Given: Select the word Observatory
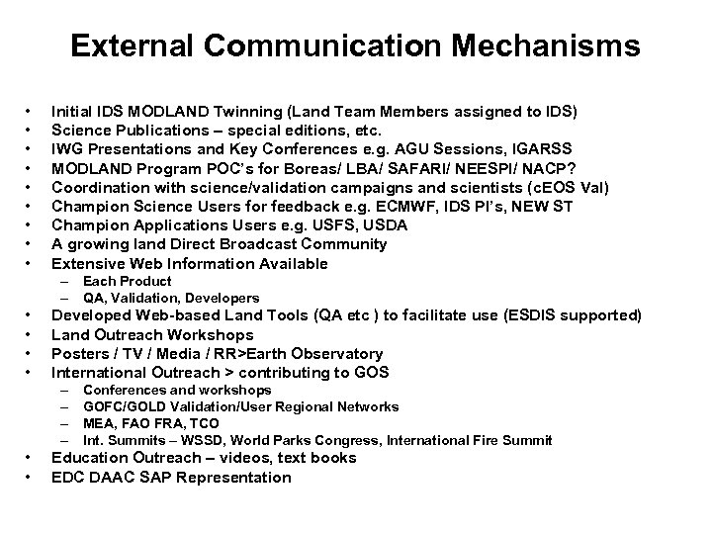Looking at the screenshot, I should point(334,353).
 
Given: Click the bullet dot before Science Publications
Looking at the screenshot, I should point(30,129).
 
